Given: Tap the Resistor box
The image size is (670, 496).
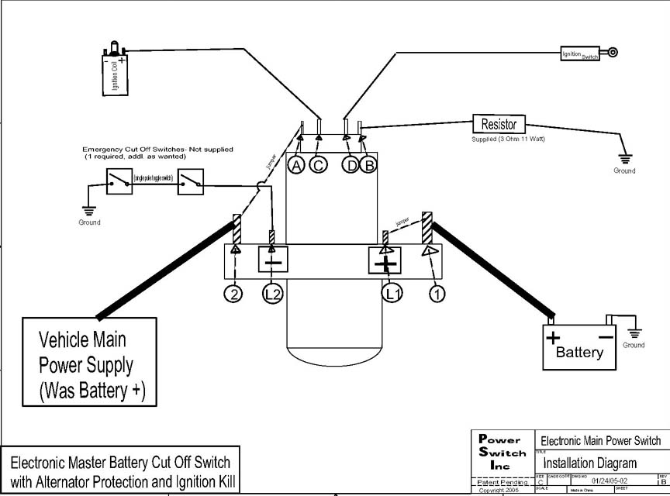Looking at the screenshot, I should coord(499,124).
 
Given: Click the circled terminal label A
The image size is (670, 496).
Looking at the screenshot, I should coord(296,164).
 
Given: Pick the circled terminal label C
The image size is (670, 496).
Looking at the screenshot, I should coord(318,164).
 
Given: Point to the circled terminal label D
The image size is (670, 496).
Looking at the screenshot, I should coord(352,164).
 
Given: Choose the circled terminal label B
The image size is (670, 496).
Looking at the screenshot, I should coord(369,164).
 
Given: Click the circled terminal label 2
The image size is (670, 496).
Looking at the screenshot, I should coord(234,294).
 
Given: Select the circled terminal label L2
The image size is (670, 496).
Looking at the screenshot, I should coord(272,294).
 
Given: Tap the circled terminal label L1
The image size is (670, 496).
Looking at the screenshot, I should coord(392,294).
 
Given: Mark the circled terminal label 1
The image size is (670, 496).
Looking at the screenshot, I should coord(437,294).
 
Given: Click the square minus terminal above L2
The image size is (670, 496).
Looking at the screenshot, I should coord(273,261).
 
